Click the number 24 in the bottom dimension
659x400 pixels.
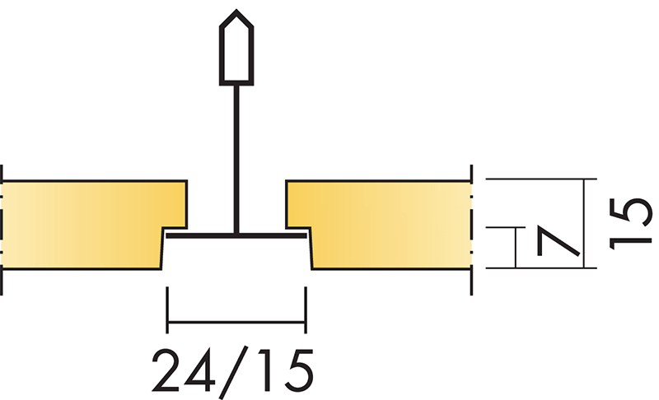(183, 370)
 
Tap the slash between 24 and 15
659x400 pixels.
(233, 372)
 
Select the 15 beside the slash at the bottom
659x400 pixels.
(286, 370)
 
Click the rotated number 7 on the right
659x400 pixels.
(559, 241)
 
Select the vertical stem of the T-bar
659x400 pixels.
(236, 160)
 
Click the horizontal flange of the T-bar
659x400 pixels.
(236, 236)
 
